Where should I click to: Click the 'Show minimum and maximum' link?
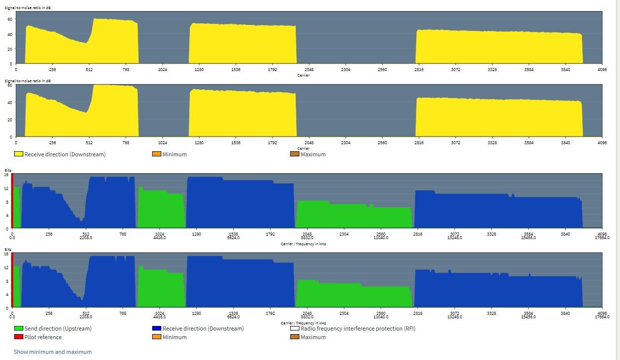53,352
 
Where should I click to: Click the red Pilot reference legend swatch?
18,337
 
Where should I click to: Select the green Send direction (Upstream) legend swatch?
18,329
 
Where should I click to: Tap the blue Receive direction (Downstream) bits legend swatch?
156,329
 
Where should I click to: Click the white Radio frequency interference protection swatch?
294,329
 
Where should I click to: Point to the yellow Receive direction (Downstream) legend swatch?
18,154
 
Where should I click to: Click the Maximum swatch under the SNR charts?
294,154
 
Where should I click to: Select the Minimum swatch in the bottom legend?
156,337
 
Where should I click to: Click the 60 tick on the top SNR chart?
9,19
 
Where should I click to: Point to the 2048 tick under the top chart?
308,70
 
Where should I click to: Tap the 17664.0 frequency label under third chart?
602,238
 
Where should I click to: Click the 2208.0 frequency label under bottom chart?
86,316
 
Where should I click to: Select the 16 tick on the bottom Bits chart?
7,254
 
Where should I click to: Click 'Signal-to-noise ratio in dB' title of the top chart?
27,8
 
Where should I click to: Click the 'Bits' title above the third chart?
8,170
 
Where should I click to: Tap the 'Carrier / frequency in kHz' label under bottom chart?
303,323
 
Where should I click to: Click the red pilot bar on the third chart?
12,201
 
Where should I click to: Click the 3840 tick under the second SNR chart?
565,143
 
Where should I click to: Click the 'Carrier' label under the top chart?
303,76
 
